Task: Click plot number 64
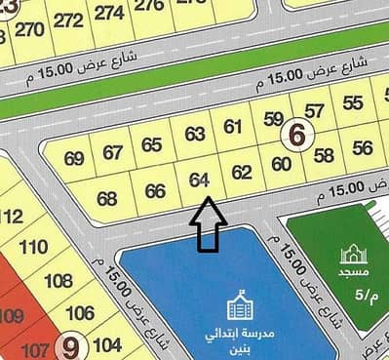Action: (x=200, y=180)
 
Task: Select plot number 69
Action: (x=74, y=158)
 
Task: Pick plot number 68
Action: (x=107, y=198)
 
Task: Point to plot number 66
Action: (x=154, y=190)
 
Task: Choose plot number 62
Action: (x=242, y=172)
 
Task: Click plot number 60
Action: (x=281, y=163)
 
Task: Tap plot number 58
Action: (x=324, y=155)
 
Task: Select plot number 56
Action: (x=363, y=147)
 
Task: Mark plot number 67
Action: (x=113, y=151)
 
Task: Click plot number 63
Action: (x=194, y=134)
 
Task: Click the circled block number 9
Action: (x=71, y=344)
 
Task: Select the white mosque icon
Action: (x=350, y=256)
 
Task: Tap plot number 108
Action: (x=58, y=281)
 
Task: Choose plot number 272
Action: (x=68, y=20)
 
